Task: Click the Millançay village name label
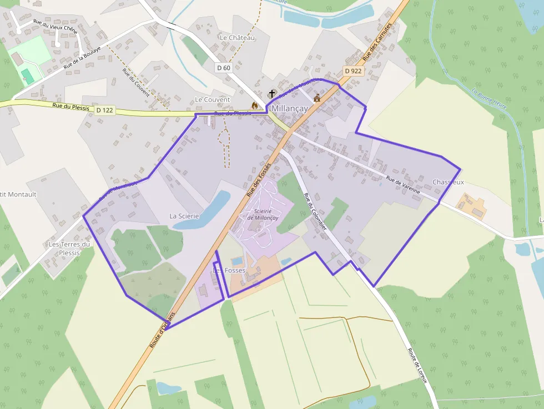289,109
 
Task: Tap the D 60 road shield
223,68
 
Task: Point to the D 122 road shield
104,110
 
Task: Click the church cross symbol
272,94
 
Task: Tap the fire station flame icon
255,105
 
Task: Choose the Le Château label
237,37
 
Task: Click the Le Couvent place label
212,99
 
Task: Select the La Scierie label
184,215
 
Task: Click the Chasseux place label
448,182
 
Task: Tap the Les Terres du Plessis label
69,248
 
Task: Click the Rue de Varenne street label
403,184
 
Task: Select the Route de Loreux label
417,365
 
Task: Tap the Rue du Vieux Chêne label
55,28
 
